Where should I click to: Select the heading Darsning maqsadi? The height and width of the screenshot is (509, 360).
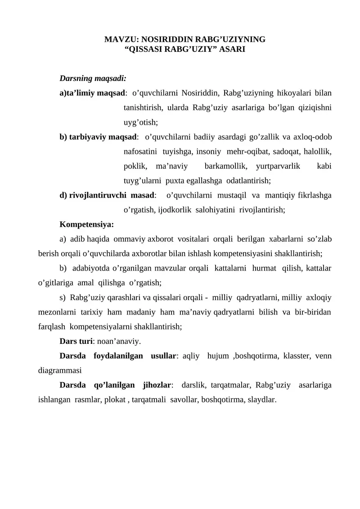[93, 79]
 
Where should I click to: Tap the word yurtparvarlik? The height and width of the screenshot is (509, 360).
[278, 166]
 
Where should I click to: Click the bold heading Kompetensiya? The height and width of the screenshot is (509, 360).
[86, 224]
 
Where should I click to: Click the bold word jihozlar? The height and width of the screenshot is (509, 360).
[157, 385]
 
